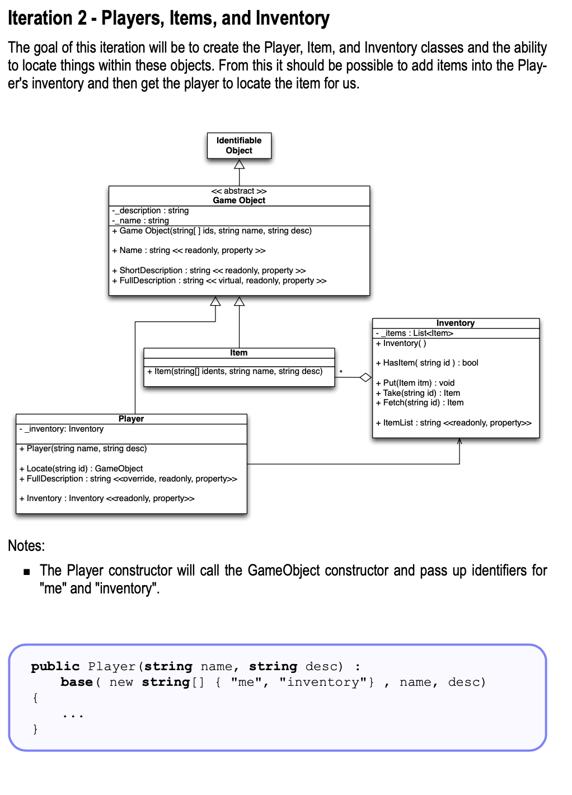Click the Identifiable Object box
[x=239, y=146]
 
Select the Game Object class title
[x=239, y=200]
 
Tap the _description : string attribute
[x=151, y=211]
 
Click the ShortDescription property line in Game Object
[x=209, y=270]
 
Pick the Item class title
[x=238, y=353]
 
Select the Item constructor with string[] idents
[x=235, y=371]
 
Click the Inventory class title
[x=456, y=323]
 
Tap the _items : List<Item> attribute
[x=415, y=333]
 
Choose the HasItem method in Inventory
[x=427, y=363]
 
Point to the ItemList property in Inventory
[x=454, y=423]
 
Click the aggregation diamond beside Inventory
[x=365, y=377]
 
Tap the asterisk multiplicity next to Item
[x=341, y=372]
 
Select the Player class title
[x=131, y=419]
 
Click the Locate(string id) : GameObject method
[x=81, y=469]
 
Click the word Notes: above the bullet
[x=26, y=546]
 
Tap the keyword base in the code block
[x=77, y=682]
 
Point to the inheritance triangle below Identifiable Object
[x=239, y=164]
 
